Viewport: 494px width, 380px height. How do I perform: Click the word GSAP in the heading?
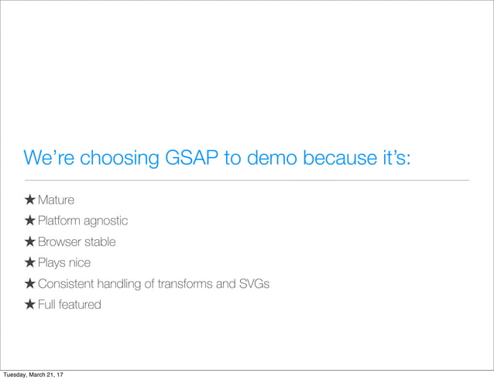[x=191, y=159]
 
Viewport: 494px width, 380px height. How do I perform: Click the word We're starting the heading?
[x=46, y=159]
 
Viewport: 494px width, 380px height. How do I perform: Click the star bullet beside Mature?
[x=29, y=200]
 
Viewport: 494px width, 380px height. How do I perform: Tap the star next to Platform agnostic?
[x=29, y=221]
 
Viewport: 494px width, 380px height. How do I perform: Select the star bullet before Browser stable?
[x=29, y=242]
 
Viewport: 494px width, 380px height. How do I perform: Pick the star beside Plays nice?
[x=29, y=263]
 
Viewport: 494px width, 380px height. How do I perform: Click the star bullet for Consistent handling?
[x=29, y=284]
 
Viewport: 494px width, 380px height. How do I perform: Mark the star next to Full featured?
[x=29, y=305]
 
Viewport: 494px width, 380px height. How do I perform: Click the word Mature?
[x=57, y=200]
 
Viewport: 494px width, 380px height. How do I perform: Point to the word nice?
[x=79, y=263]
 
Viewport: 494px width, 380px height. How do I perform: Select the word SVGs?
[x=254, y=284]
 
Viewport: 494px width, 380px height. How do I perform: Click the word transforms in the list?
[x=184, y=284]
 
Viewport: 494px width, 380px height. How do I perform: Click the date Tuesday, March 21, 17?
[x=33, y=375]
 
